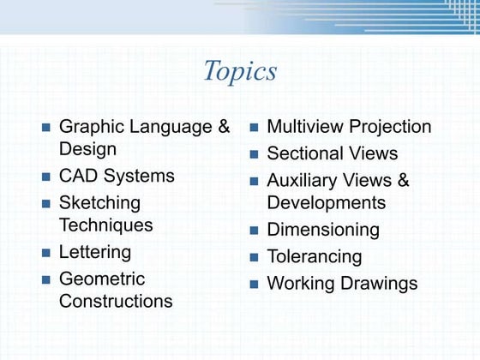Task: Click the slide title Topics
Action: pyautogui.click(x=239, y=71)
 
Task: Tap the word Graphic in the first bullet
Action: pyautogui.click(x=90, y=127)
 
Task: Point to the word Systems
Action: pyautogui.click(x=141, y=177)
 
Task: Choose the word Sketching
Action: pyautogui.click(x=99, y=204)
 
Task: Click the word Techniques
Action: pyautogui.click(x=105, y=225)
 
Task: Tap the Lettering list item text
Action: pyautogui.click(x=95, y=252)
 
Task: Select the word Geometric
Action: pyautogui.click(x=102, y=279)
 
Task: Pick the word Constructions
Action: pyautogui.click(x=116, y=301)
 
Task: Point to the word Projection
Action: pyautogui.click(x=391, y=127)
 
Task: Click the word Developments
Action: pyautogui.click(x=327, y=203)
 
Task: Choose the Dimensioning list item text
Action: pyautogui.click(x=323, y=230)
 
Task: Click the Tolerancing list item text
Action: pyautogui.click(x=315, y=256)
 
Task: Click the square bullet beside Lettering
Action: pyautogui.click(x=46, y=253)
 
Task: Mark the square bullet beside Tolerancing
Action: pyautogui.click(x=255, y=257)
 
